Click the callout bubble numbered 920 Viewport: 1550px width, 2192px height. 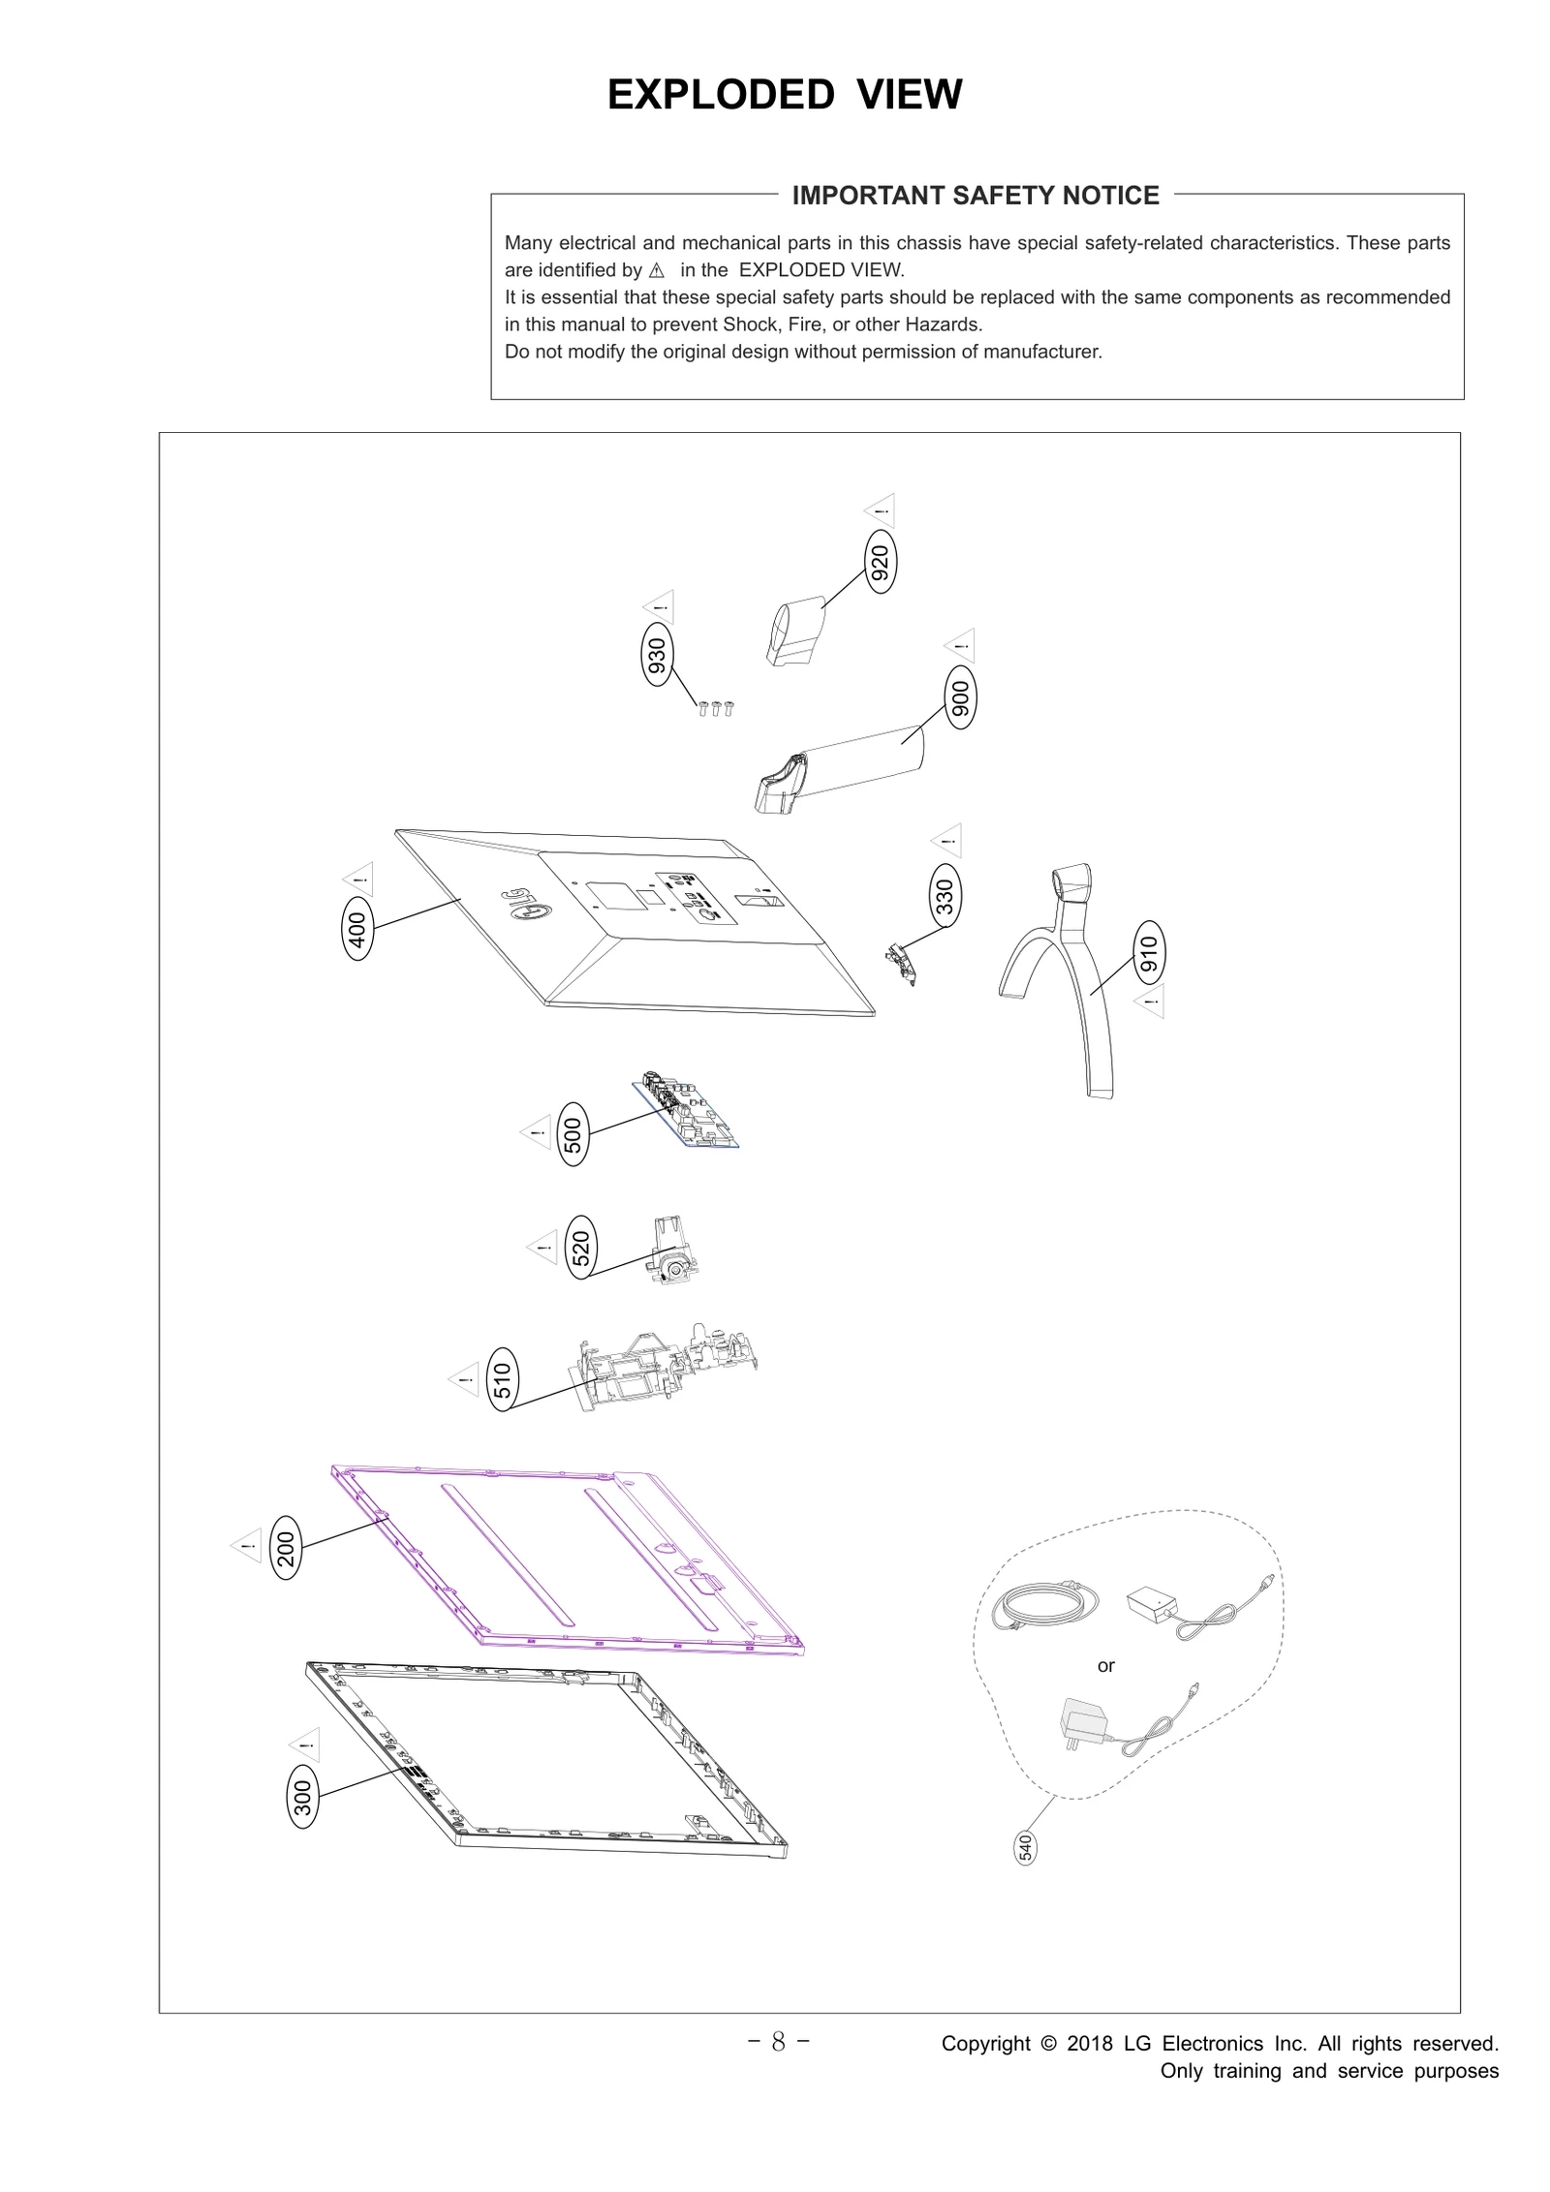880,563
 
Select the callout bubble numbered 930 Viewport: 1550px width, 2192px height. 657,657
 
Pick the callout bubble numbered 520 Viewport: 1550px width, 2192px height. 580,1248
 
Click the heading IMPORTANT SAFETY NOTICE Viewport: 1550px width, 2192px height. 976,196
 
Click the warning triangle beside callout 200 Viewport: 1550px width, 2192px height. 246,1545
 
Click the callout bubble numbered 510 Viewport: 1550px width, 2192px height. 502,1379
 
